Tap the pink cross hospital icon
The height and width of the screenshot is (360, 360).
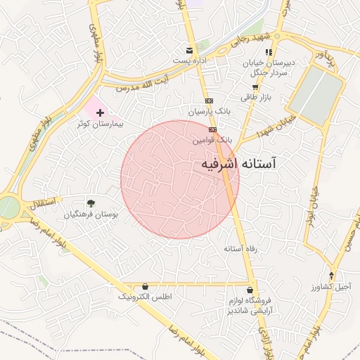(x=100, y=112)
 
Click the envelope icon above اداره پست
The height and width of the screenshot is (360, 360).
(x=188, y=50)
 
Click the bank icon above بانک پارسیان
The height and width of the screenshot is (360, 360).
(x=209, y=101)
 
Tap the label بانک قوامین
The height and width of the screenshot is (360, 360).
(x=212, y=141)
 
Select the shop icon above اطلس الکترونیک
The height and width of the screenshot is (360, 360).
(x=145, y=286)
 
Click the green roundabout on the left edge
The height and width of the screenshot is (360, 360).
(x=6, y=207)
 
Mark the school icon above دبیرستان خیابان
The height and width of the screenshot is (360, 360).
(x=269, y=51)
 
